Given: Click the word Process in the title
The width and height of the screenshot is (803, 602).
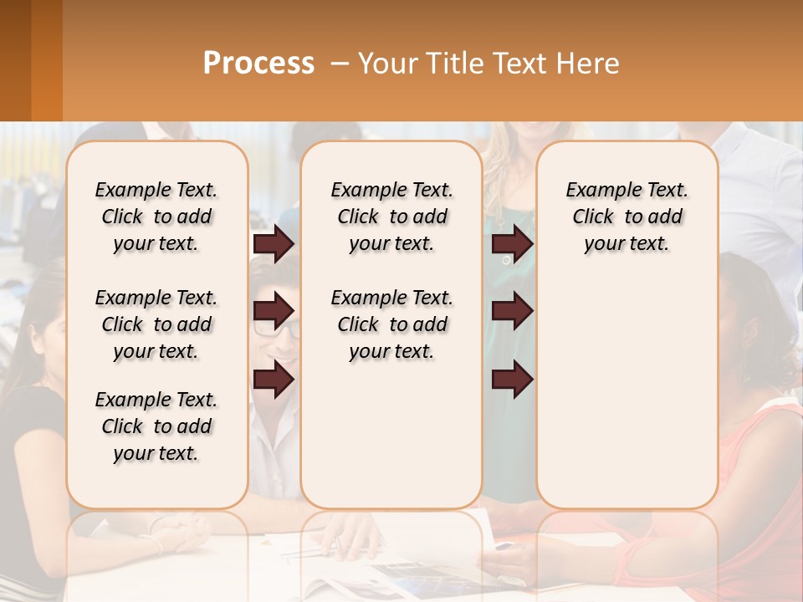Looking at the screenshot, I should (258, 64).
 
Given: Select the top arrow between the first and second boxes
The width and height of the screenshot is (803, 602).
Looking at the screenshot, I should (274, 244).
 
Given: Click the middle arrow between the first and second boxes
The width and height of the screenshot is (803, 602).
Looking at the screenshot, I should (274, 311).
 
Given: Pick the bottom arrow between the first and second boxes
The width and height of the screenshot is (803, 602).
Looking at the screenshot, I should (274, 380).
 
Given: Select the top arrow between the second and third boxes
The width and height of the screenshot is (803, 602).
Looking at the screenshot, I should (512, 244).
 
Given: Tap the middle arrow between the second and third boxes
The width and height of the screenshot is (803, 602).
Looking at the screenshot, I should (512, 311).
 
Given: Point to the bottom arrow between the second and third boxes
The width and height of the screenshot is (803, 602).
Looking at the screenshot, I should (512, 380).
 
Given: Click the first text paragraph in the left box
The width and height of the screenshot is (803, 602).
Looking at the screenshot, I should (156, 217).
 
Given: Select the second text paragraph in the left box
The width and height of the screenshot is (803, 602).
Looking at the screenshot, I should (156, 324).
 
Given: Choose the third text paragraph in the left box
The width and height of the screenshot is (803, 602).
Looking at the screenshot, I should (156, 426).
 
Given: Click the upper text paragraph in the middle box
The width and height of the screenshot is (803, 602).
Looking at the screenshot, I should (391, 217).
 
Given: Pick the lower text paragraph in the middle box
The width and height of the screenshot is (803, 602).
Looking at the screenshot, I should (391, 324).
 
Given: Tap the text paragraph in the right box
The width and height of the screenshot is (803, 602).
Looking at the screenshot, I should (627, 217).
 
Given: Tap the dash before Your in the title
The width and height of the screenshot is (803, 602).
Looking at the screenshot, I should (340, 64).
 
